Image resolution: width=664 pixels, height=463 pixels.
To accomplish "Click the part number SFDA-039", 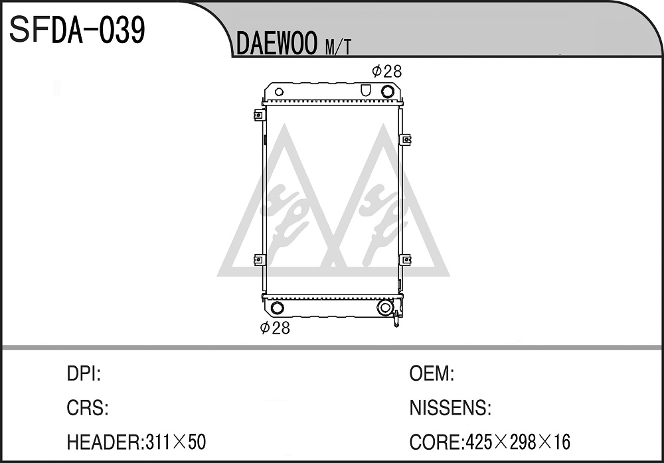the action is coord(77,30).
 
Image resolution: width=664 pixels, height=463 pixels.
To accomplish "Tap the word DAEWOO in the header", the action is coord(277,44).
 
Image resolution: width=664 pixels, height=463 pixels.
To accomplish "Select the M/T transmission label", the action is coord(338,47).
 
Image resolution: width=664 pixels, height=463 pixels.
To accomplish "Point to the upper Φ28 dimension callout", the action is coord(386,71).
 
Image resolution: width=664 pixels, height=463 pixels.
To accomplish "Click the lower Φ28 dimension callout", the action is coord(276,328).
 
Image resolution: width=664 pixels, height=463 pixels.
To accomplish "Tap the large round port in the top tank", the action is coord(387,92).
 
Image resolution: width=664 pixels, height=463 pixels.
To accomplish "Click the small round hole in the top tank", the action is coord(279,92).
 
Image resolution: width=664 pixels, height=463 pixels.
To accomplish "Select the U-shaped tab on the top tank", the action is coord(365,90).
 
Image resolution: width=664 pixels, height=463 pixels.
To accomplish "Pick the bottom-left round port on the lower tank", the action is coord(277,307).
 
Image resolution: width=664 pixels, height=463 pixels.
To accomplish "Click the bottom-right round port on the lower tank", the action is coord(385,308).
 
